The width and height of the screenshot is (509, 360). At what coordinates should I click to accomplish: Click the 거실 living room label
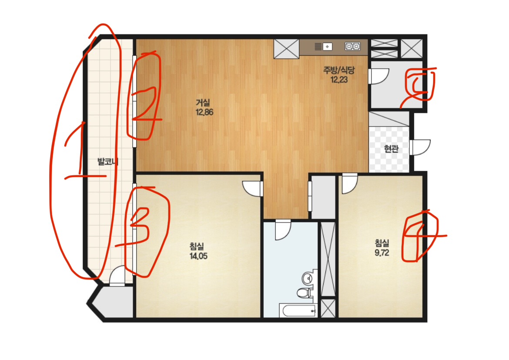click(203, 103)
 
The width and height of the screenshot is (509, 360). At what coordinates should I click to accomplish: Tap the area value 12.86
click(204, 112)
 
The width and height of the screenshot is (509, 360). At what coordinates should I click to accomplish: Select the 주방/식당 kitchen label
click(339, 70)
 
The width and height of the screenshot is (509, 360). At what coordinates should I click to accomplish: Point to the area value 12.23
click(339, 80)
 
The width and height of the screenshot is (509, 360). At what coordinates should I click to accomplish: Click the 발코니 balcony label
click(108, 161)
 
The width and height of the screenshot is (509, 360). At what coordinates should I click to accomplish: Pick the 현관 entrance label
click(391, 149)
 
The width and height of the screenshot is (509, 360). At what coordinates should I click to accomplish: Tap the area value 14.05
click(198, 256)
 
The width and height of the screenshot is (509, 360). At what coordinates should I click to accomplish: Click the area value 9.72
click(382, 253)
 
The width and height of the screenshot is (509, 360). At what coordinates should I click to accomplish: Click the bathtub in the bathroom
click(298, 311)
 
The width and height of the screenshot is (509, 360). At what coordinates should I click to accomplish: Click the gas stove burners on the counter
click(352, 47)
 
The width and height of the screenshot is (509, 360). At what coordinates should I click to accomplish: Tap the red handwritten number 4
click(422, 235)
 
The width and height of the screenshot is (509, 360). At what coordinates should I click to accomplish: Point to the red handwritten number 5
click(419, 87)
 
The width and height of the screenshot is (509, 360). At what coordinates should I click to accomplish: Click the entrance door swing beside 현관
click(421, 147)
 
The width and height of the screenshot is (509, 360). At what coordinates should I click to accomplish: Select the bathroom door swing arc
click(283, 230)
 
